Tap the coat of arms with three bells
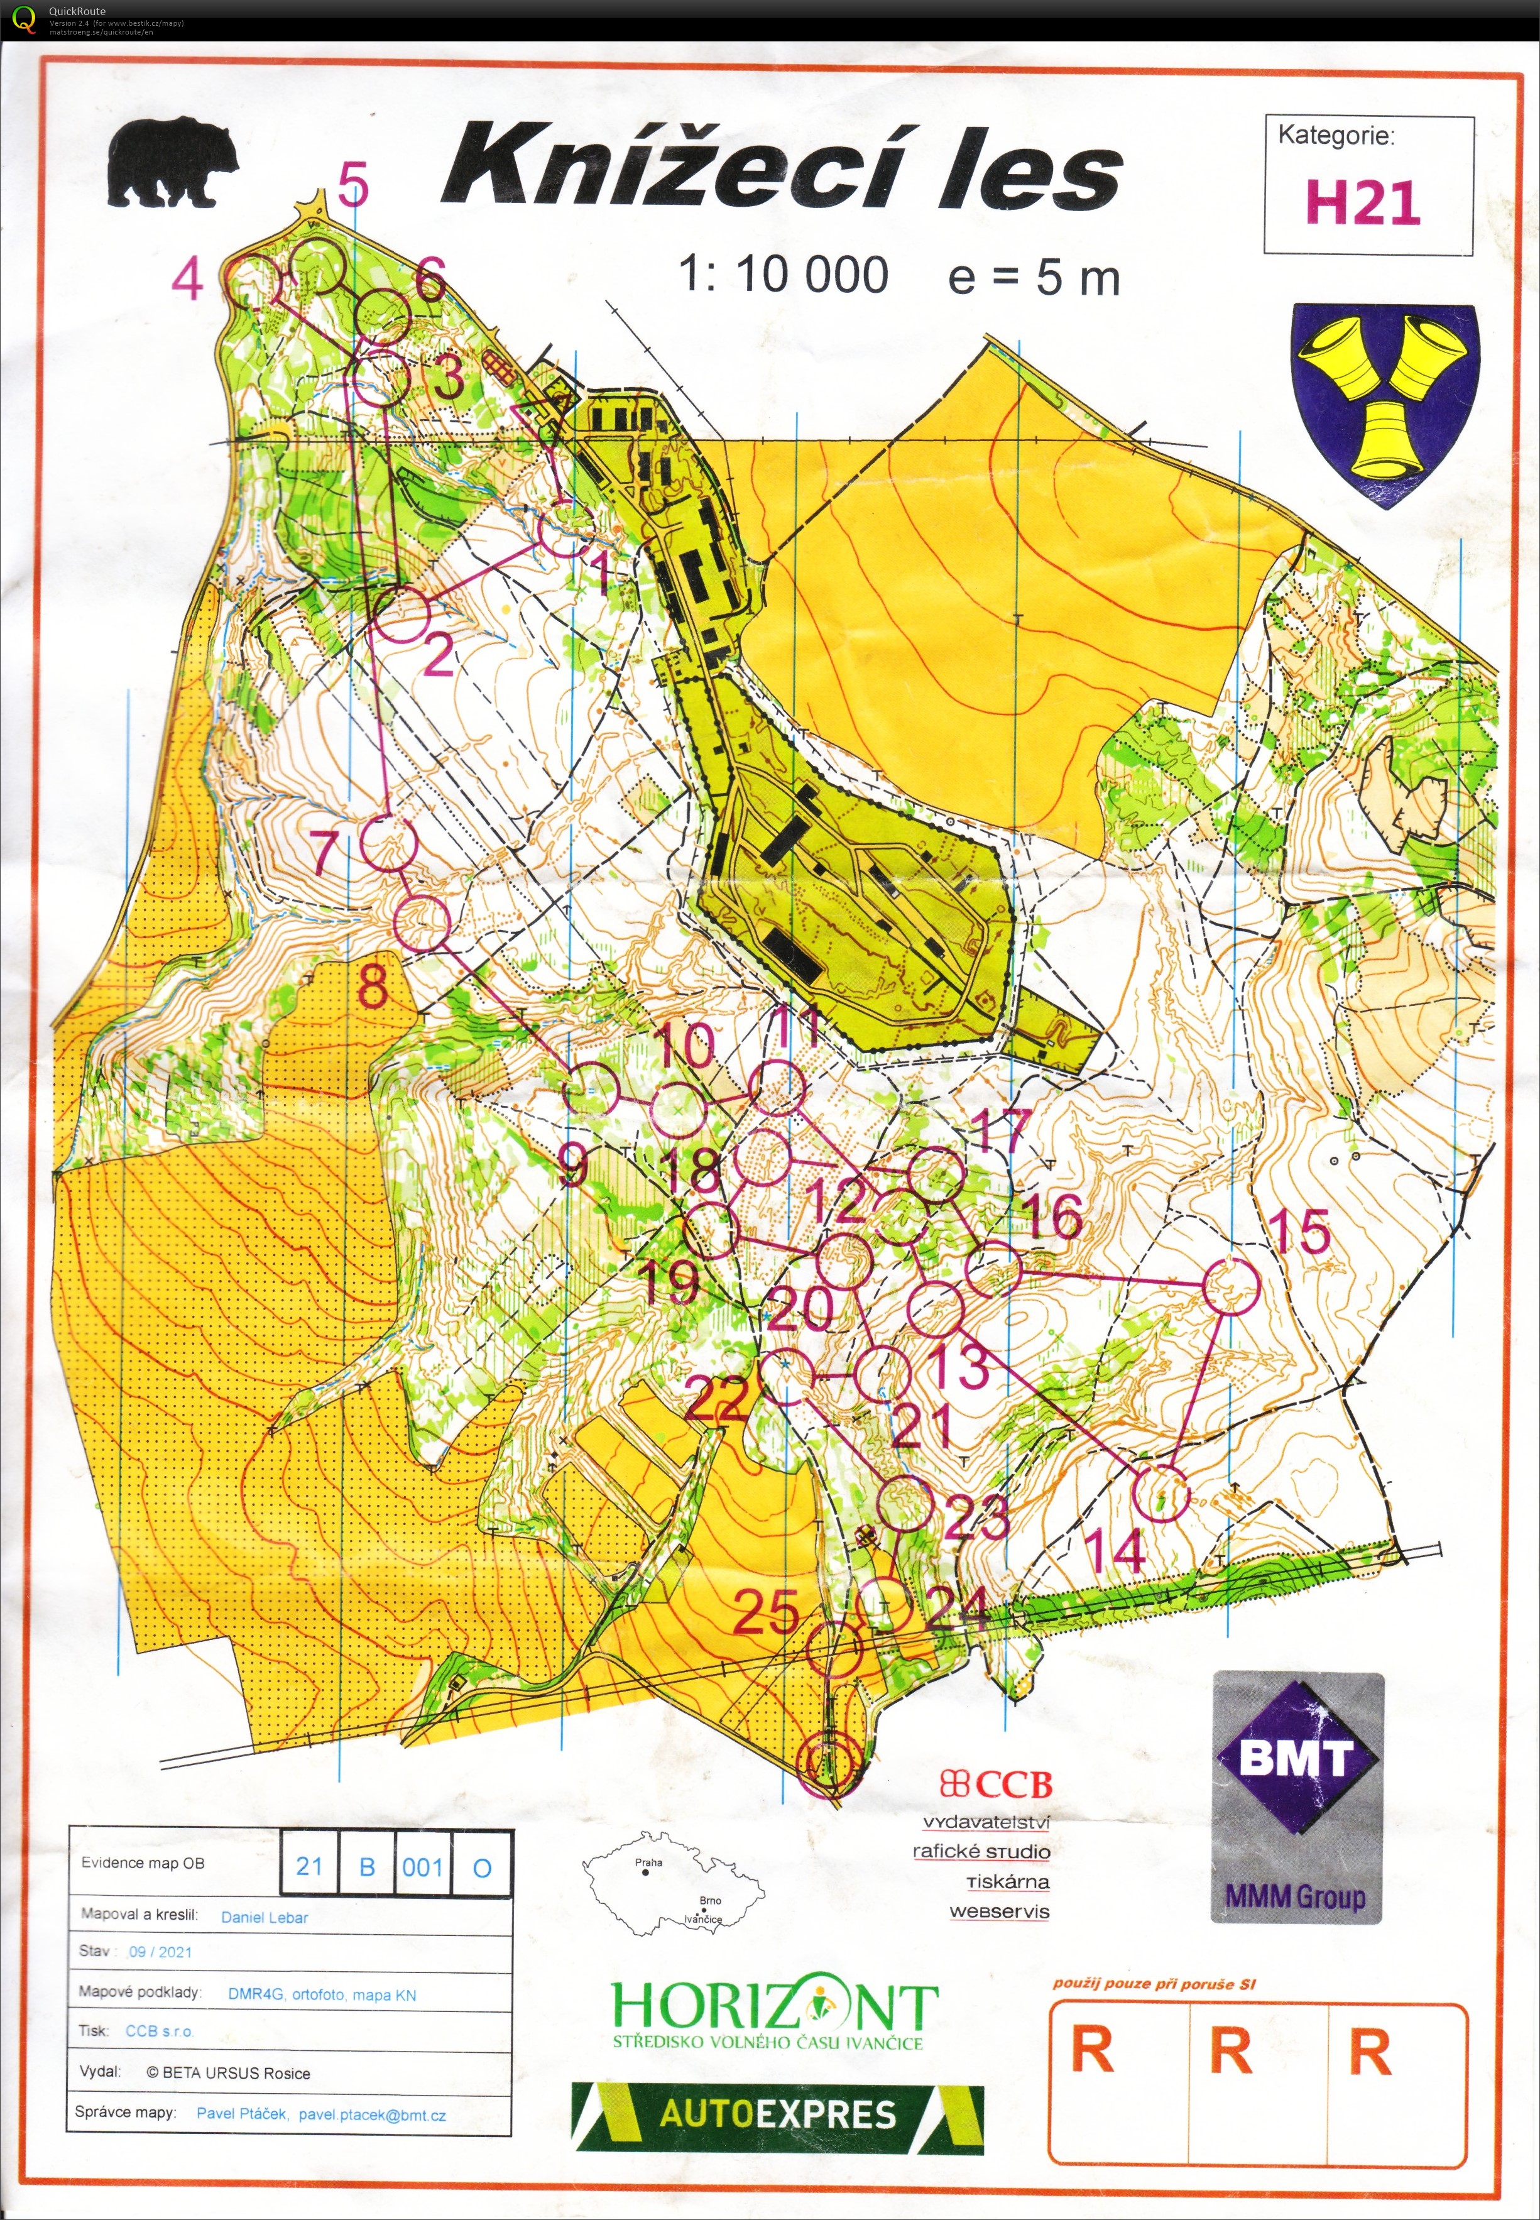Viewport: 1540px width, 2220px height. point(1384,403)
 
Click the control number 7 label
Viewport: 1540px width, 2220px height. point(326,852)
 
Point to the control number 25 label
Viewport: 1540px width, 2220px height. point(765,1611)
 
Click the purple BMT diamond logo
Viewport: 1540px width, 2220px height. point(1296,1758)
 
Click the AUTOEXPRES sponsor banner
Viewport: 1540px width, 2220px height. point(778,2115)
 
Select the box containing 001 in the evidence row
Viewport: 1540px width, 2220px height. point(423,1866)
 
